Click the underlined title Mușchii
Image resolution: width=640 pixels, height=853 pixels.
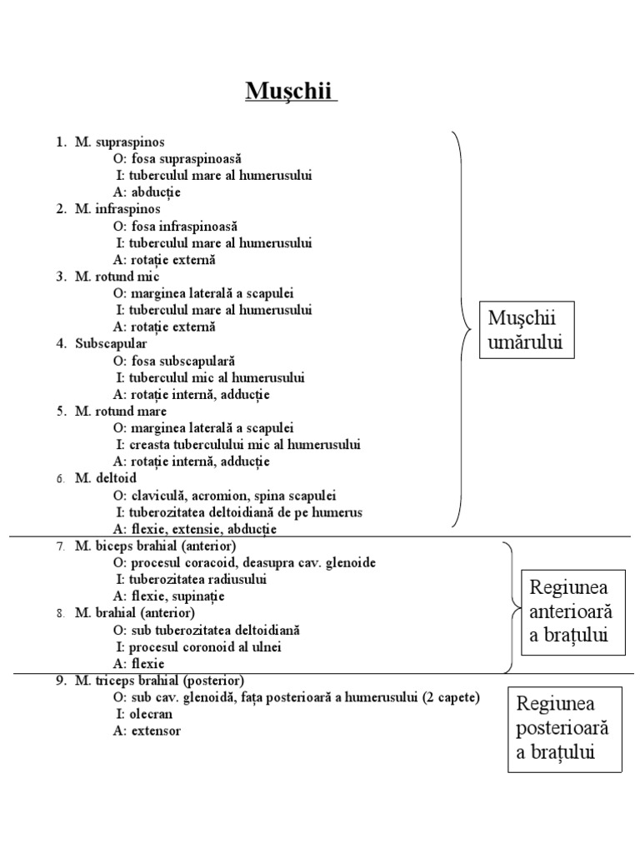coord(291,91)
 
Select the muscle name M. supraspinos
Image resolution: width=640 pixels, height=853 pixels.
coord(117,142)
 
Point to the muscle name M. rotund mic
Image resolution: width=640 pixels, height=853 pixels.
coord(117,277)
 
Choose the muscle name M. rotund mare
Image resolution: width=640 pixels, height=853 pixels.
coord(120,411)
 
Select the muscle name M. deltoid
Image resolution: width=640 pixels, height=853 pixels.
coord(106,478)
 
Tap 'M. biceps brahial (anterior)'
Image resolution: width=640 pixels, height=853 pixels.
coord(155,546)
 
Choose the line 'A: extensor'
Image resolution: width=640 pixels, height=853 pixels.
coord(147,731)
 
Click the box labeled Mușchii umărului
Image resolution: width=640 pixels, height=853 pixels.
coord(527,330)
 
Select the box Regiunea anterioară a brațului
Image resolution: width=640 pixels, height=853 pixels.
coord(570,611)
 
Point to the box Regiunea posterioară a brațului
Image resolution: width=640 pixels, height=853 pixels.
coord(563,729)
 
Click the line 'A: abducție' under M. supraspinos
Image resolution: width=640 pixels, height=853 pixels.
coord(147,192)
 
